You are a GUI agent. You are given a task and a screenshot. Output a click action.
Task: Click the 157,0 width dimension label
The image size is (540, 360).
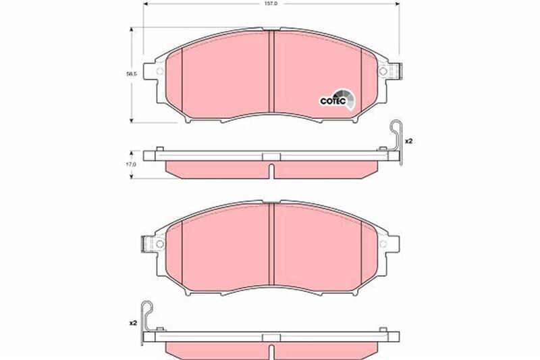(x=269, y=3)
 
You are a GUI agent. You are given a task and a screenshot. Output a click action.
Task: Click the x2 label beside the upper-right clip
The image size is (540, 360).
(x=408, y=141)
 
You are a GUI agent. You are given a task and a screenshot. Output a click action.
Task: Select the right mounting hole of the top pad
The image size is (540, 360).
(x=383, y=73)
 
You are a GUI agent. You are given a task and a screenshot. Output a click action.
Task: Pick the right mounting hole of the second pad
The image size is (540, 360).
(x=383, y=245)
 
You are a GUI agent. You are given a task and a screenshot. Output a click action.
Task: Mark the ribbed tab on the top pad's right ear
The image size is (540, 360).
(x=398, y=70)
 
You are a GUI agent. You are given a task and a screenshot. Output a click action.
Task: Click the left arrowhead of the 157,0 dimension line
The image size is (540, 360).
(x=144, y=8)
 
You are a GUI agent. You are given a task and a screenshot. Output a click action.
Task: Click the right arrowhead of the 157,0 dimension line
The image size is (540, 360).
(x=396, y=8)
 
